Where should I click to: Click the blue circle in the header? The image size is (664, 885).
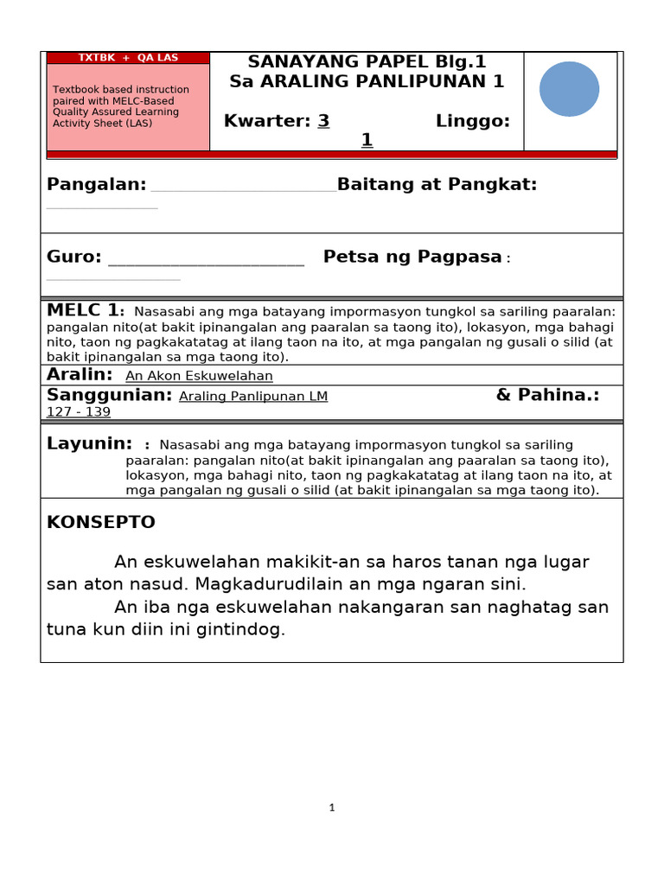pyautogui.click(x=570, y=89)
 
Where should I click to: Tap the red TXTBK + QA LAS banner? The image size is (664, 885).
pyautogui.click(x=128, y=58)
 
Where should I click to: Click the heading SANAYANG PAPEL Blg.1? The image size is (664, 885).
pyautogui.click(x=367, y=61)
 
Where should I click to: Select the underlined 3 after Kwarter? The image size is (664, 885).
pyautogui.click(x=323, y=121)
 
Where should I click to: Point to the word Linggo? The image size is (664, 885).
pyautogui.click(x=473, y=121)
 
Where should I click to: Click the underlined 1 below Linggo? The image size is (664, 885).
pyautogui.click(x=367, y=140)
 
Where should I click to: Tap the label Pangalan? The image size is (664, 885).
pyautogui.click(x=96, y=184)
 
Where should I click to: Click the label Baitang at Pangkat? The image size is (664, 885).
pyautogui.click(x=437, y=184)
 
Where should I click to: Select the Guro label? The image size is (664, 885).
pyautogui.click(x=73, y=257)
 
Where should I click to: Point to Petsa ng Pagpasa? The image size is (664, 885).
pyautogui.click(x=412, y=257)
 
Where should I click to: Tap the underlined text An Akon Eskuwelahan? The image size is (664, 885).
pyautogui.click(x=199, y=376)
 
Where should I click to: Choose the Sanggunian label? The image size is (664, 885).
pyautogui.click(x=110, y=395)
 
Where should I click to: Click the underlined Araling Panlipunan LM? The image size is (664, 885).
pyautogui.click(x=253, y=397)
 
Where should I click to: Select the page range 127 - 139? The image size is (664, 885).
pyautogui.click(x=79, y=412)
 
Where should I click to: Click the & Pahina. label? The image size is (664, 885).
pyautogui.click(x=547, y=395)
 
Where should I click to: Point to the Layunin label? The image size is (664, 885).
pyautogui.click(x=89, y=443)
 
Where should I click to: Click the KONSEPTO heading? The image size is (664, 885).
pyautogui.click(x=100, y=522)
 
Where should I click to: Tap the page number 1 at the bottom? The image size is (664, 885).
pyautogui.click(x=331, y=807)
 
